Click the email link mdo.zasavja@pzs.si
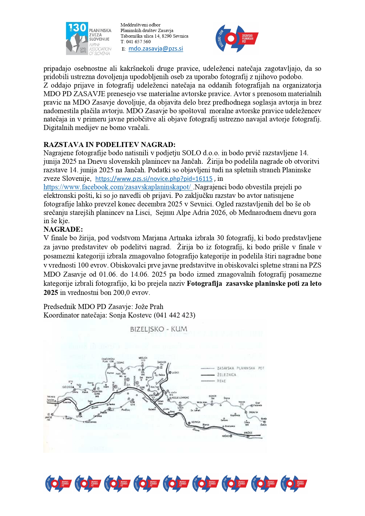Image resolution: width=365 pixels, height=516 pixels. [x=156, y=49]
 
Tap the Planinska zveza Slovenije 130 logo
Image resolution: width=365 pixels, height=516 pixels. [x=89, y=39]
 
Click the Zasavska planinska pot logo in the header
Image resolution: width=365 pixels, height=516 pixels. [x=237, y=39]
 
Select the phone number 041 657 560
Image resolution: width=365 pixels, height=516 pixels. [x=138, y=42]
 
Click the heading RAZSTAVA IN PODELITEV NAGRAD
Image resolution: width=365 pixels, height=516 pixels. [x=109, y=145]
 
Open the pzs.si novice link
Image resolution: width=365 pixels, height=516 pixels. [x=154, y=179]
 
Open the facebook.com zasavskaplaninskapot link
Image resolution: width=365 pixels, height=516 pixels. [x=118, y=187]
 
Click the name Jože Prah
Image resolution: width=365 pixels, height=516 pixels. [x=149, y=307]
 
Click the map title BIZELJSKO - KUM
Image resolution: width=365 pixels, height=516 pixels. [x=159, y=329]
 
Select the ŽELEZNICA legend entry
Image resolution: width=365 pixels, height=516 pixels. [x=226, y=375]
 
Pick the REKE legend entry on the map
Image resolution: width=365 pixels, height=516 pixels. [x=221, y=381]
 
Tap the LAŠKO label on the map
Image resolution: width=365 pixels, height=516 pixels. [x=175, y=373]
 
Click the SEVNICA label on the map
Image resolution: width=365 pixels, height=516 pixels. [x=196, y=422]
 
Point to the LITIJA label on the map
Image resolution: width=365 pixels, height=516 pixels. [x=79, y=416]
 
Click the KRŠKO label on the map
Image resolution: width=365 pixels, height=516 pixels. [x=226, y=436]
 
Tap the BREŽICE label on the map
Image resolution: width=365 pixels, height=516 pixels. [x=248, y=433]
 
